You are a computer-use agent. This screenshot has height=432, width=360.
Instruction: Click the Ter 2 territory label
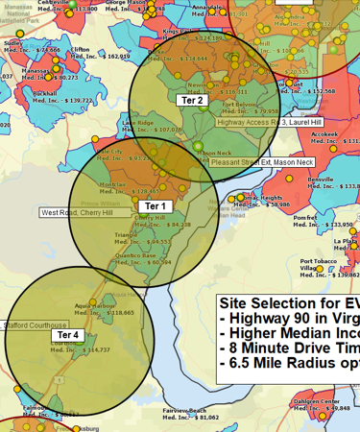(x=193, y=100)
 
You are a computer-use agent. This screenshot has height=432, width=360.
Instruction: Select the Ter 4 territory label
(x=70, y=335)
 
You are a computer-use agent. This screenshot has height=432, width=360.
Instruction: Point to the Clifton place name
(x=81, y=49)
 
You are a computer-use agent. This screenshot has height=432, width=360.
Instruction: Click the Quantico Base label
(x=135, y=255)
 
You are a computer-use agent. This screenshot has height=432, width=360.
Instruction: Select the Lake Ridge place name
(x=137, y=123)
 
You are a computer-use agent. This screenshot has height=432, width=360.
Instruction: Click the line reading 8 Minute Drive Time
(x=289, y=348)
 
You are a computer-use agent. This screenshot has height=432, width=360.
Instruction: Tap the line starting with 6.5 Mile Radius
(x=289, y=365)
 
